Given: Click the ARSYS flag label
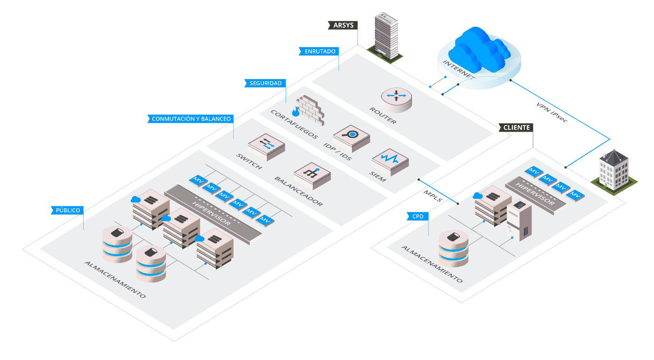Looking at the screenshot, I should click(343, 25).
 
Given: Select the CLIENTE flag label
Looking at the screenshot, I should click(516, 127).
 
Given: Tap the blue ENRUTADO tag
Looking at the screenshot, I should click(319, 51).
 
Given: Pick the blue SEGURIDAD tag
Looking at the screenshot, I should click(265, 83).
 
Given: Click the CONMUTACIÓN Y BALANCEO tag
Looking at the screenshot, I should click(191, 119).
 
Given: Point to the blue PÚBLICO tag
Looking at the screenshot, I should click(68, 210).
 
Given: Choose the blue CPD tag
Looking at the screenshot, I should click(418, 216).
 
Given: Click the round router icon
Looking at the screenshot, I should click(396, 99).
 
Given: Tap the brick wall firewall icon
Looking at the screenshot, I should click(309, 110).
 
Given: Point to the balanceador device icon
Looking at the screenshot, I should click(312, 175).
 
